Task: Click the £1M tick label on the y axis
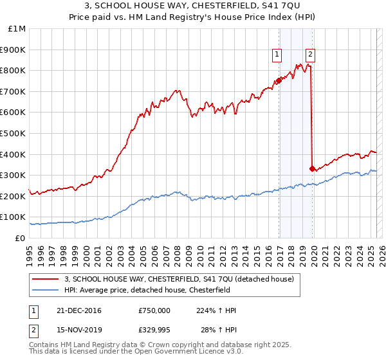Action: [x=17, y=29]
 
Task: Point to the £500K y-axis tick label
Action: [x=14, y=133]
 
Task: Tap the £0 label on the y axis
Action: [x=21, y=238]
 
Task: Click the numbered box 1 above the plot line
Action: [x=277, y=55]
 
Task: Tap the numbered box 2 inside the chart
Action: [x=310, y=55]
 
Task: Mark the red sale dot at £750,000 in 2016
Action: [x=279, y=80]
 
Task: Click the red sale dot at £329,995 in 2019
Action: [x=312, y=168]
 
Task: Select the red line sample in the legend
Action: [x=46, y=278]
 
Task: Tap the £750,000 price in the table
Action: [x=154, y=310]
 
